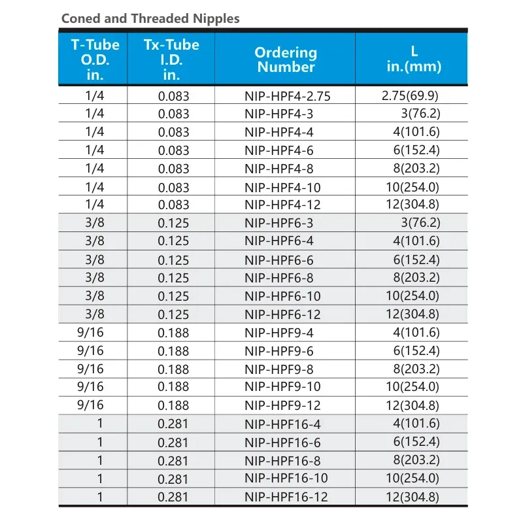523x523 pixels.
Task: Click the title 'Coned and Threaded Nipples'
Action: (150, 18)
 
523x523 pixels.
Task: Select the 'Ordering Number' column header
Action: (286, 59)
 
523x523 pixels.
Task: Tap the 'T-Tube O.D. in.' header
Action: (95, 59)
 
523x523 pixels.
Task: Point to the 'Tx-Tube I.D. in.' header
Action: (171, 59)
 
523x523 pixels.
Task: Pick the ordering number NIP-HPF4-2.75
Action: (288, 96)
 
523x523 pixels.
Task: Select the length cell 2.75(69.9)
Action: (414, 95)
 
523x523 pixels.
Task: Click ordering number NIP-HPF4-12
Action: (282, 205)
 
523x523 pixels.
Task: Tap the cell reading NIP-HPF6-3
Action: (278, 224)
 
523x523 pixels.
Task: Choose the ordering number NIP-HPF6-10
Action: (282, 297)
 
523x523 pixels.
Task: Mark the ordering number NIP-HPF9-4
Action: (278, 333)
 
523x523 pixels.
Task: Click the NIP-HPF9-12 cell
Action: (282, 405)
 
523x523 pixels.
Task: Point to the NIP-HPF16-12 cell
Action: (286, 497)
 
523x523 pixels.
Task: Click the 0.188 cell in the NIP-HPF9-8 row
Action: (173, 369)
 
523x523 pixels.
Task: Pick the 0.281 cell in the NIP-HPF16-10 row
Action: (173, 479)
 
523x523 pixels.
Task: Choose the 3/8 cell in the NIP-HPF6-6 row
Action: (95, 260)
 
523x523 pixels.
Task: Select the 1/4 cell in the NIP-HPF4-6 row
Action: (95, 150)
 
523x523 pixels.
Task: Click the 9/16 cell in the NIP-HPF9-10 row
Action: (91, 386)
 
